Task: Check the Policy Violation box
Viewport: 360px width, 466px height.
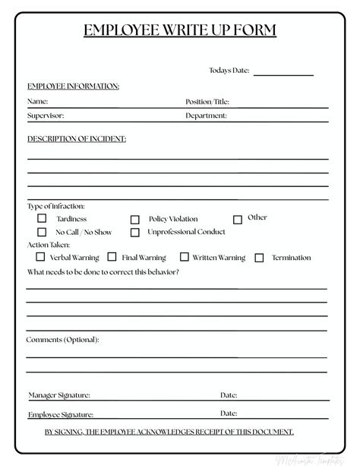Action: click(135, 220)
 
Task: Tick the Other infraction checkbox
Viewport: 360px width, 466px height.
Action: click(238, 219)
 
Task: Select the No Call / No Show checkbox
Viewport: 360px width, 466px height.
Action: click(43, 232)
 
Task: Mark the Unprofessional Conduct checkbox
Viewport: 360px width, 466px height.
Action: click(135, 233)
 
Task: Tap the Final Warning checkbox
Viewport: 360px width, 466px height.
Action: click(112, 258)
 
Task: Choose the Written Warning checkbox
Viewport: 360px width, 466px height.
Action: click(184, 258)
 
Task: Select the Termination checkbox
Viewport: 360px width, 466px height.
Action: click(260, 258)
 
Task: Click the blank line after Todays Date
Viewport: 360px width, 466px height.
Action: click(283, 73)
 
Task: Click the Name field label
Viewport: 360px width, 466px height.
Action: click(38, 101)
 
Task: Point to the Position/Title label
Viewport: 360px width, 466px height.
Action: click(207, 101)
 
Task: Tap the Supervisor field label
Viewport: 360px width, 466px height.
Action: click(46, 116)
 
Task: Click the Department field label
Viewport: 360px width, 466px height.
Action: click(206, 116)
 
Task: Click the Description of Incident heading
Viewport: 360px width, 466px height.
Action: click(77, 139)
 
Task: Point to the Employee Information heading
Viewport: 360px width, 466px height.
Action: click(73, 86)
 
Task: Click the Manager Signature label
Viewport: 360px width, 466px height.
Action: click(59, 395)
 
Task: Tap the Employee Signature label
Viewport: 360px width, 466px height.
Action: click(61, 414)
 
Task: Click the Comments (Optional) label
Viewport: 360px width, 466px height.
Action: click(62, 339)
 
